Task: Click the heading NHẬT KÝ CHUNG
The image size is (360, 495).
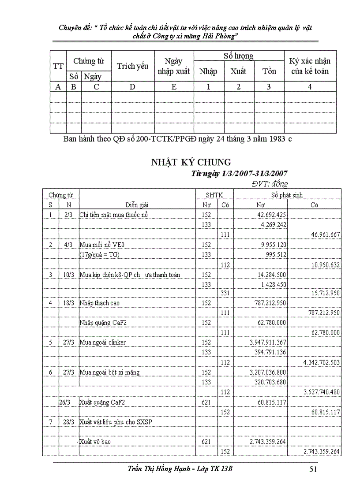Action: point(191,162)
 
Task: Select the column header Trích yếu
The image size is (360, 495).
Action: point(132,66)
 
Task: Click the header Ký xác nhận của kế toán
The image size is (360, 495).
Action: point(310,66)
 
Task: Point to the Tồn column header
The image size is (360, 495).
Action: point(269,71)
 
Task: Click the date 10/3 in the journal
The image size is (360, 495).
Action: point(68,275)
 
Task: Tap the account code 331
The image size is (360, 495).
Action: point(225,294)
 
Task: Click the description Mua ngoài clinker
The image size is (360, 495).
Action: point(102,342)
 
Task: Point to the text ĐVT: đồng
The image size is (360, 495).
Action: point(270,183)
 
